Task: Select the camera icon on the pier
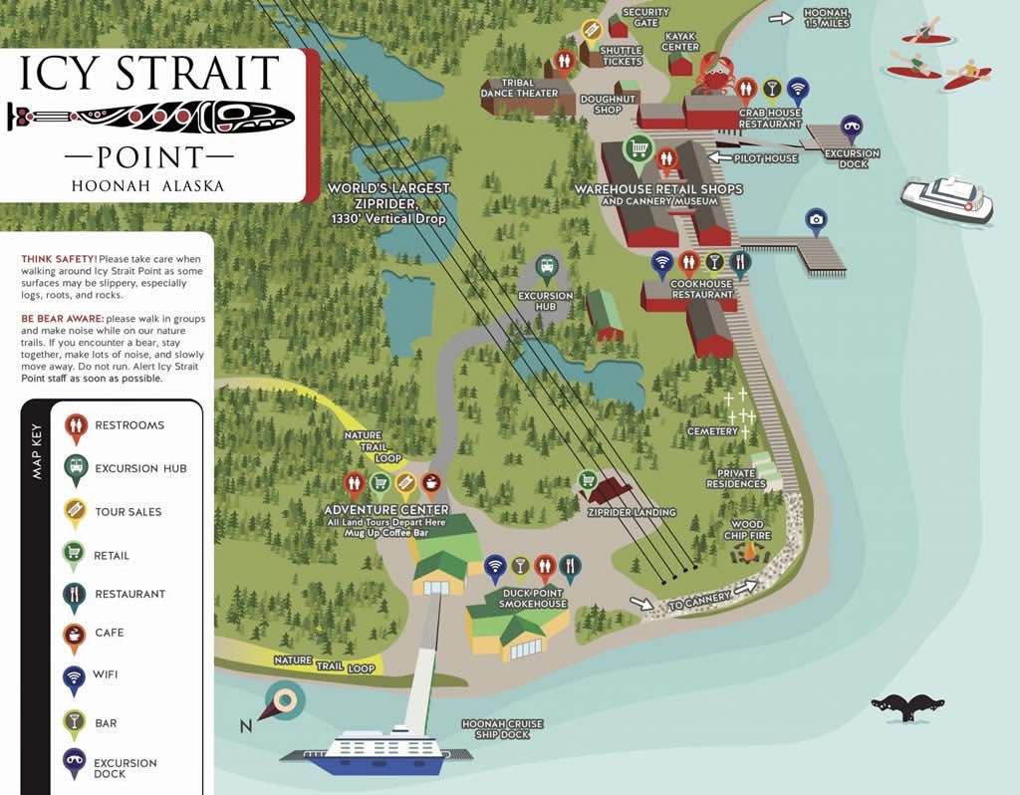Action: pyautogui.click(x=816, y=219)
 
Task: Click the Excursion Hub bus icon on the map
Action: pyautogui.click(x=545, y=266)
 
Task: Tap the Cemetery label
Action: pyautogui.click(x=712, y=431)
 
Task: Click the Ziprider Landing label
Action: pyautogui.click(x=632, y=512)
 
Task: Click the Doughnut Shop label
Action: pyautogui.click(x=608, y=104)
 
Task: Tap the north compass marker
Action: pyautogui.click(x=282, y=703)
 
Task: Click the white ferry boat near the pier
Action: pyautogui.click(x=947, y=198)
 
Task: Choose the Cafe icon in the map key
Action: pyautogui.click(x=75, y=634)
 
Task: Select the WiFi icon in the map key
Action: pyautogui.click(x=75, y=677)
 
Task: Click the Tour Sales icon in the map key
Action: pyautogui.click(x=75, y=511)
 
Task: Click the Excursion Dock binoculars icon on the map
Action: pyautogui.click(x=850, y=126)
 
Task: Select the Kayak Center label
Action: pyautogui.click(x=680, y=41)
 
